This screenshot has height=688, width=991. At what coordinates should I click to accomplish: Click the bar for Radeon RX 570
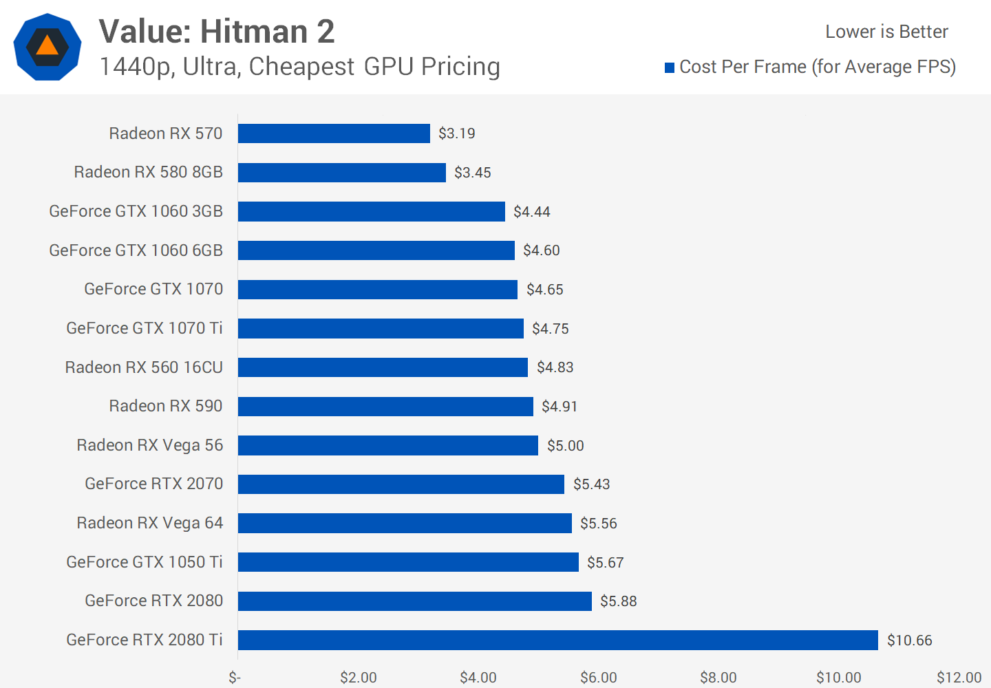pyautogui.click(x=334, y=133)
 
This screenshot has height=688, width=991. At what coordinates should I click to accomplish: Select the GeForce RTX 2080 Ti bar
pyautogui.click(x=557, y=640)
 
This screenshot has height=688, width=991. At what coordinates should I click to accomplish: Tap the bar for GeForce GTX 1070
pyautogui.click(x=377, y=290)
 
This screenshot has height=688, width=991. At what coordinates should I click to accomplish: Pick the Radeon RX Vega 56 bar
pyautogui.click(x=387, y=445)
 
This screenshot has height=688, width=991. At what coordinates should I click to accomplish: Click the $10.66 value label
pyautogui.click(x=909, y=641)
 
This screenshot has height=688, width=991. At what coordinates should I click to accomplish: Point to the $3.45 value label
pyautogui.click(x=472, y=173)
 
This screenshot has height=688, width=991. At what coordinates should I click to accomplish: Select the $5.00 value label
pyautogui.click(x=565, y=446)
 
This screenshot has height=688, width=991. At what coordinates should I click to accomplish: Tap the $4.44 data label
pyautogui.click(x=531, y=212)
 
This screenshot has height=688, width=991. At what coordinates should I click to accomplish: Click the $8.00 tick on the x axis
pyautogui.click(x=718, y=678)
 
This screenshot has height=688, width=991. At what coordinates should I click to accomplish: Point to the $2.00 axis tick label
pyautogui.click(x=358, y=678)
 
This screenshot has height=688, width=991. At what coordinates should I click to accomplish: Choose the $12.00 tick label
pyautogui.click(x=959, y=678)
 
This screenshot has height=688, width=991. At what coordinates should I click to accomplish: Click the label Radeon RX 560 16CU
pyautogui.click(x=144, y=367)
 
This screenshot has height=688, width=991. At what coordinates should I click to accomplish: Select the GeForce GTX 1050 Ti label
pyautogui.click(x=145, y=562)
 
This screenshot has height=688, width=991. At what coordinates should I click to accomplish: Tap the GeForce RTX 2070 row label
pyautogui.click(x=153, y=484)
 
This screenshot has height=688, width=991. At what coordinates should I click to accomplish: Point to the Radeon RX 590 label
pyautogui.click(x=166, y=406)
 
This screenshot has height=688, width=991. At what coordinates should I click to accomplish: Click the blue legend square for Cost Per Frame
pyautogui.click(x=669, y=67)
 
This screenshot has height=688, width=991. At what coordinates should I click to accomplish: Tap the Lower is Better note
pyautogui.click(x=886, y=32)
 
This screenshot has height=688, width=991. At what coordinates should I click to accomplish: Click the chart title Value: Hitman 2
pyautogui.click(x=217, y=32)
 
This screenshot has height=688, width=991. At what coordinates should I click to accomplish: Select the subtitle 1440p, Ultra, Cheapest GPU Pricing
pyautogui.click(x=299, y=67)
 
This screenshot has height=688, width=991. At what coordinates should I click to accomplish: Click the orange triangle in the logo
pyautogui.click(x=47, y=47)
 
